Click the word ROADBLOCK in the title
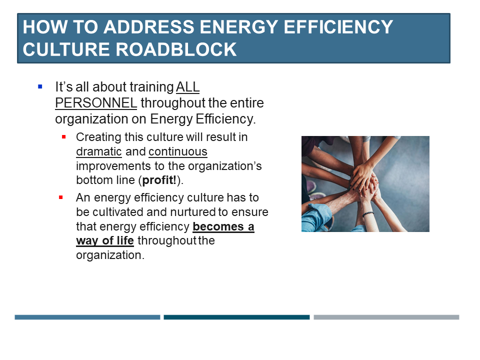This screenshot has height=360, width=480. coord(176,49)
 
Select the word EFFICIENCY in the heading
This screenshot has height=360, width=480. coord(338,27)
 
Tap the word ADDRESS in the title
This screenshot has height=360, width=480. coord(149,27)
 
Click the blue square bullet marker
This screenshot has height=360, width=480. coord(40,86)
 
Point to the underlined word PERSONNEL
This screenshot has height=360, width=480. coord(96,103)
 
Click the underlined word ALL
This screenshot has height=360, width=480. coord(187,87)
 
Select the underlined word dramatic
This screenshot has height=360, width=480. coord(99,151)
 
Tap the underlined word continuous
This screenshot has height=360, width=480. coord(178,151)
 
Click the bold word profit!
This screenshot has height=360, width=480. coord(159,180)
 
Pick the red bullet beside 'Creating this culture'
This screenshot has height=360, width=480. coord(64,137)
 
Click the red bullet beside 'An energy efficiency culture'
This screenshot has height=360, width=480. coord(61,197)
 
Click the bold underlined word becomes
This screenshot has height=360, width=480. coord(218,226)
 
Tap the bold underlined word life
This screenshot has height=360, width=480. coord(125,240)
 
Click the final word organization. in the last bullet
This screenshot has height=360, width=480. coord(110,255)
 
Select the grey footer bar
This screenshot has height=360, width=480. coord(386,317)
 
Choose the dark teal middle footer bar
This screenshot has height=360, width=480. coord(236,317)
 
